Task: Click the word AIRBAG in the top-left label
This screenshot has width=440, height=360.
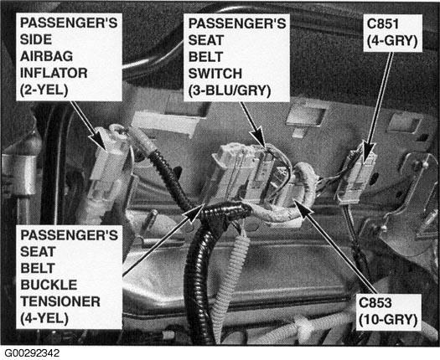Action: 47,56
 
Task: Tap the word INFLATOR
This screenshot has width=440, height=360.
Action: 54,73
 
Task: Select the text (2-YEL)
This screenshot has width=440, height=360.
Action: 44,90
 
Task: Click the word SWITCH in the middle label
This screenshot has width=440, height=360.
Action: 215,74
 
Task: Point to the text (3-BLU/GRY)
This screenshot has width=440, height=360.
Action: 230,91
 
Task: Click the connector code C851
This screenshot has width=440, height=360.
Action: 383,23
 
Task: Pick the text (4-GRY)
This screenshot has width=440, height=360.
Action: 392,41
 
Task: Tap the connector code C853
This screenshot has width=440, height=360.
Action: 375,303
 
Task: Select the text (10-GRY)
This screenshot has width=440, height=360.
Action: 388,320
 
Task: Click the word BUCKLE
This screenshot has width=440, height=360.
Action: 49,285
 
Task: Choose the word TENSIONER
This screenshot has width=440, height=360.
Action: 60,301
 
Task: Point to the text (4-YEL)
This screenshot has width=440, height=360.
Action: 44,318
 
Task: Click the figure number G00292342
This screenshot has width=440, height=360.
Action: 32,353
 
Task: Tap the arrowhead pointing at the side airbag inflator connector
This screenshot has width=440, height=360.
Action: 99,141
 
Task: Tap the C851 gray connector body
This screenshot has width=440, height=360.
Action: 356,177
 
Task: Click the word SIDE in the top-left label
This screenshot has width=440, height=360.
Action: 36,39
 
